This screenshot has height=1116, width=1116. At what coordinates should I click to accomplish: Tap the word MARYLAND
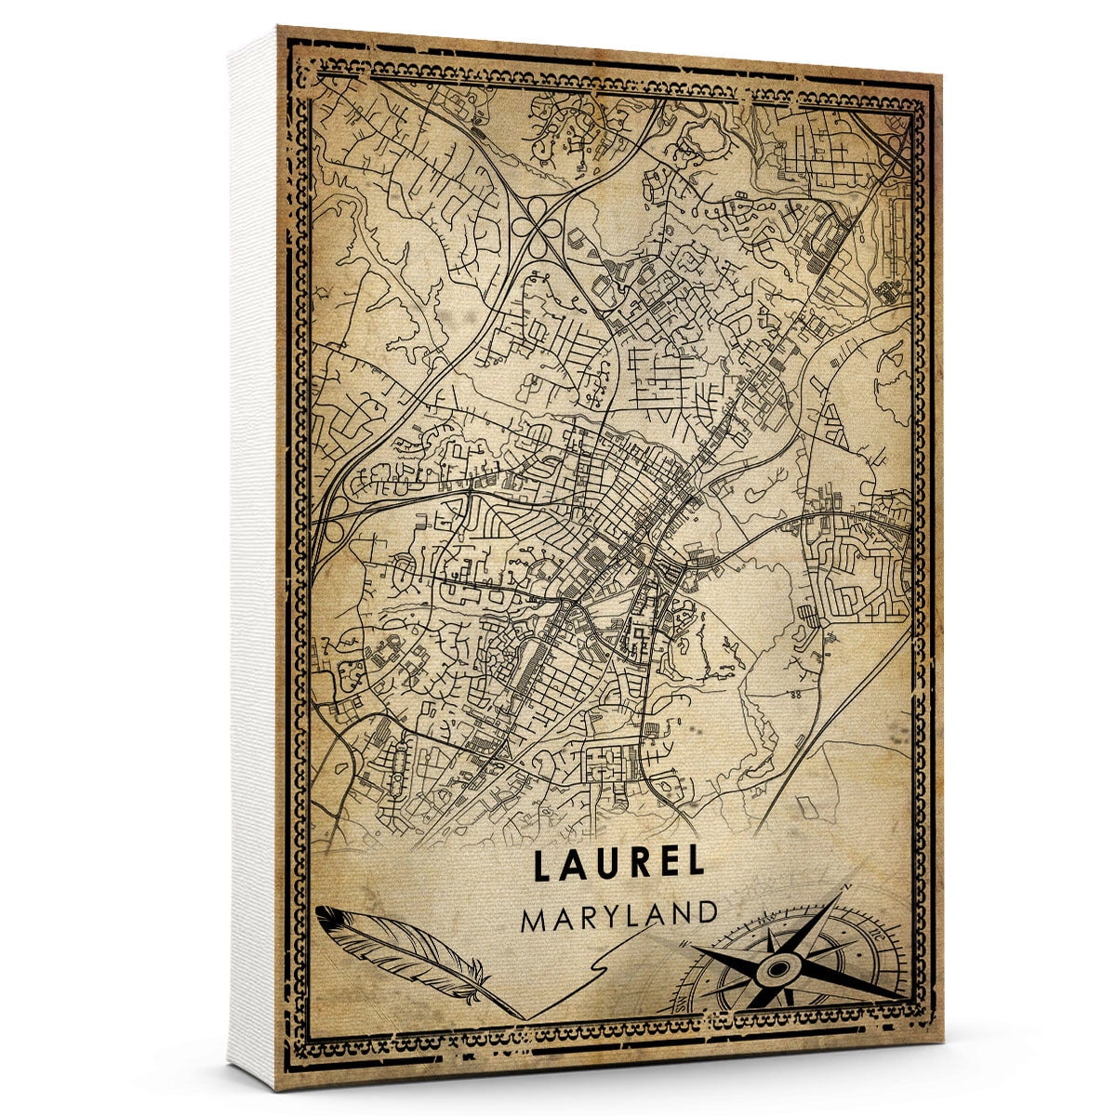click(619, 916)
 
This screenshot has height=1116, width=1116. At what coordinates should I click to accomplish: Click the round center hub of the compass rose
click(776, 972)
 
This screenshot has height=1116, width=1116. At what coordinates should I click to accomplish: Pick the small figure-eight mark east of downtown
click(795, 693)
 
